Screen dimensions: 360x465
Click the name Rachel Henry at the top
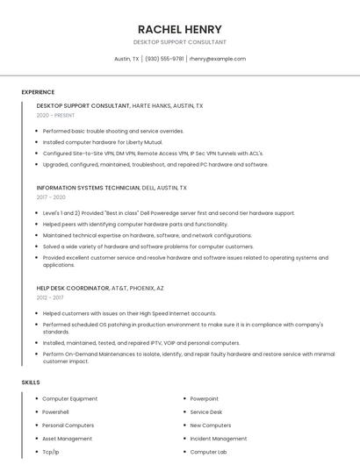(179, 29)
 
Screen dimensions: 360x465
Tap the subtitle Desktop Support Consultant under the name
(179, 42)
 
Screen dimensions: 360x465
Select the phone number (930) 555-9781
(164, 59)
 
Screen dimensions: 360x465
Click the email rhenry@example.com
(218, 59)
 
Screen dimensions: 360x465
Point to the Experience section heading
(38, 92)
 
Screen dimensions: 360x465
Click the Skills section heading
(31, 383)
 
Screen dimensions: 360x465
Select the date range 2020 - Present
(55, 115)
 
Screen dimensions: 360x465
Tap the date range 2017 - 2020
(51, 197)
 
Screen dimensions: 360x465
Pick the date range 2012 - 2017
(51, 297)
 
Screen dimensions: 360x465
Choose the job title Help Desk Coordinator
(73, 288)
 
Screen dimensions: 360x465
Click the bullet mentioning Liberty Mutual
(103, 142)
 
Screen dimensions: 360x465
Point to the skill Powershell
(55, 412)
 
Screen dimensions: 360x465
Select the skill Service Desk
(206, 412)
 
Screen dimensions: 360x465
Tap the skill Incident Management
(218, 439)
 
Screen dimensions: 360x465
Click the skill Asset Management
(67, 439)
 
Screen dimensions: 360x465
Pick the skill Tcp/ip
(51, 452)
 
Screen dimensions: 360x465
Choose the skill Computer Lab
(208, 452)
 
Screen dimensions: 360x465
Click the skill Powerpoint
(205, 399)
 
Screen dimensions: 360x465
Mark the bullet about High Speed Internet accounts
(129, 313)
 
